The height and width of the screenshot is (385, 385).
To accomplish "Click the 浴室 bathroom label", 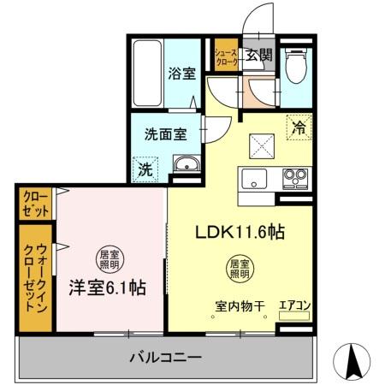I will (181, 74).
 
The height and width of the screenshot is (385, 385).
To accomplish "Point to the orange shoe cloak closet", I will (226, 58).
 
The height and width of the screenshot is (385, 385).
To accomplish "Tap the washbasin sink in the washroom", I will (184, 165).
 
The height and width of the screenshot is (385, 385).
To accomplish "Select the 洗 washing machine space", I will (146, 169).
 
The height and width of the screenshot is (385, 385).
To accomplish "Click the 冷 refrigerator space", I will (299, 129).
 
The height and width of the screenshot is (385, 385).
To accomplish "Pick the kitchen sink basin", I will (254, 179).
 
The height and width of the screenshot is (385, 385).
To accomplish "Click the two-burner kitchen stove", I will (295, 179).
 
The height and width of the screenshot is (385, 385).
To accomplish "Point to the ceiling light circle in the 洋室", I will (106, 255).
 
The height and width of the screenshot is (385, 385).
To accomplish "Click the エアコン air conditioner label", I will (294, 305).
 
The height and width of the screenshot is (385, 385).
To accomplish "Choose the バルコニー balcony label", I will (166, 356).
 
